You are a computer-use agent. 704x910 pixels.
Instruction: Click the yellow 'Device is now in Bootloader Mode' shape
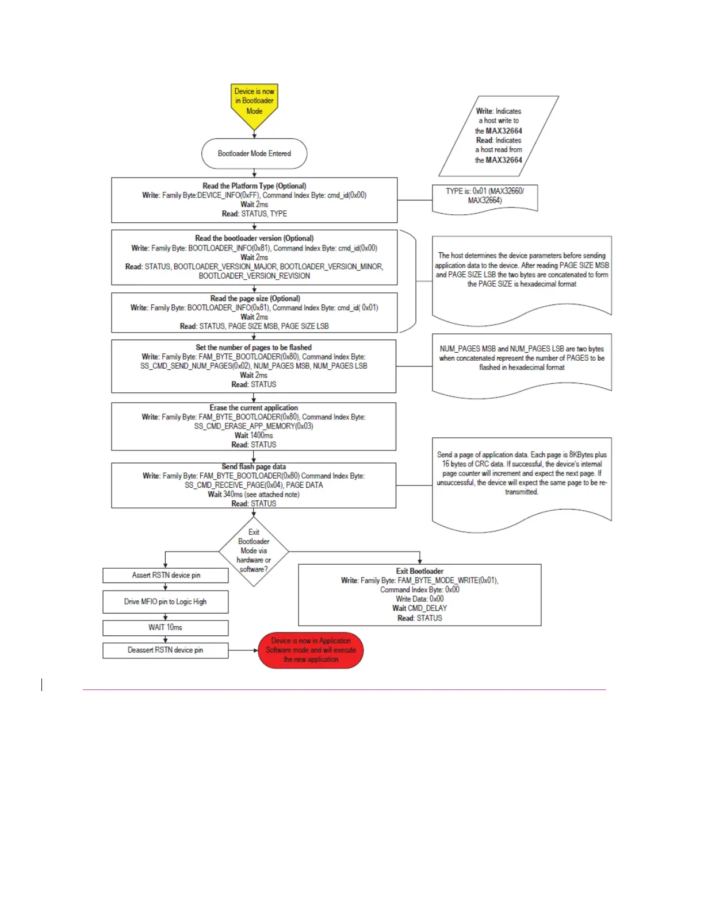(x=254, y=104)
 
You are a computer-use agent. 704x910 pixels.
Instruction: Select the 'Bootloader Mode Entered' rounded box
(x=254, y=153)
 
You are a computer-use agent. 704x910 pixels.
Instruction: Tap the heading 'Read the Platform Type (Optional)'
(x=254, y=186)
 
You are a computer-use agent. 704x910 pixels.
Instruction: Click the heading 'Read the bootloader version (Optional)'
(x=254, y=238)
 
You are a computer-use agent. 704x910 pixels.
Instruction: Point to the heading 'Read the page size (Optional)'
(x=255, y=299)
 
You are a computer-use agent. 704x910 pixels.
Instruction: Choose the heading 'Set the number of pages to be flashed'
(x=254, y=348)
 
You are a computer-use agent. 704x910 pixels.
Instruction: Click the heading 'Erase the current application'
(x=254, y=408)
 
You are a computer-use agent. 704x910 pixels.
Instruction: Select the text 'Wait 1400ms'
(x=254, y=435)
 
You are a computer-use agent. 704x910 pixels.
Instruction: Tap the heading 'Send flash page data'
(x=254, y=467)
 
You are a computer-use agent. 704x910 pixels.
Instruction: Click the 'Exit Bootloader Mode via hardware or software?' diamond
(x=254, y=551)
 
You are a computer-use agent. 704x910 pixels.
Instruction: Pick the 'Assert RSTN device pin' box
(x=166, y=575)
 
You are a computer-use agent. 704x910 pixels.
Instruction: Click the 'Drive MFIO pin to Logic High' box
(x=166, y=601)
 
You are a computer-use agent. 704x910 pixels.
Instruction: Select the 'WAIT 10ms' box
(x=166, y=627)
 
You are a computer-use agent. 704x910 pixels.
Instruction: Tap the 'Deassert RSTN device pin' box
(x=166, y=650)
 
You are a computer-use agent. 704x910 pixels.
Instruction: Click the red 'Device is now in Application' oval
(x=311, y=650)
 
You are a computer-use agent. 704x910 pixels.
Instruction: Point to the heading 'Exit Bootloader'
(x=420, y=572)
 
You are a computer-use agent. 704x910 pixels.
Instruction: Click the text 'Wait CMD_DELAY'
(x=420, y=608)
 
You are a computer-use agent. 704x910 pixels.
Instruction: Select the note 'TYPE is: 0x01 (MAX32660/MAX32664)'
(x=485, y=196)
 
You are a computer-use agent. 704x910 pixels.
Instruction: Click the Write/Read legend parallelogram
(x=499, y=136)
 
